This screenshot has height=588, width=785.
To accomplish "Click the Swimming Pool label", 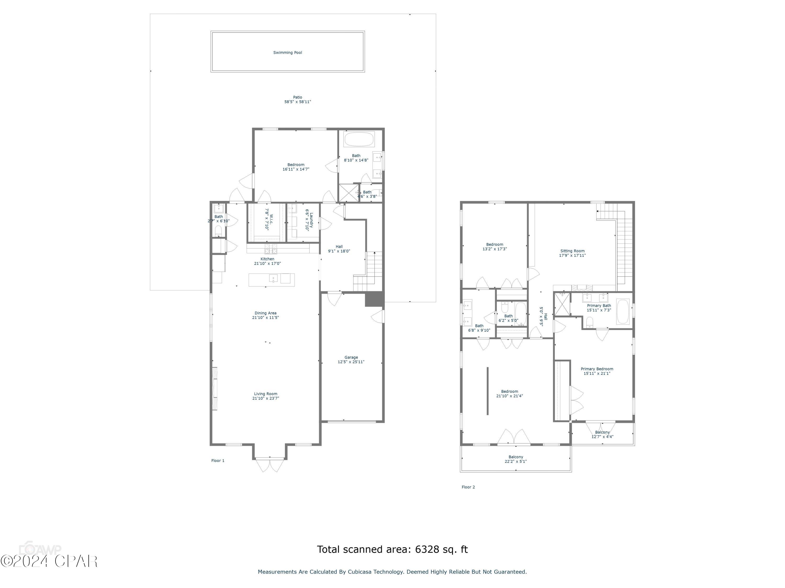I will click(x=288, y=53).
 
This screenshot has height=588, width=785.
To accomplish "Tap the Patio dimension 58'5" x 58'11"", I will click(x=298, y=102).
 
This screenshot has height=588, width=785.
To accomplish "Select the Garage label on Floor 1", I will click(x=351, y=357).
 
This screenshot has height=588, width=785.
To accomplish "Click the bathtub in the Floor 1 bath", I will click(x=359, y=139).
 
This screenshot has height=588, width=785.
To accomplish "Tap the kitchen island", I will click(x=272, y=280).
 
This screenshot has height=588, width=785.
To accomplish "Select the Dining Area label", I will click(x=265, y=313).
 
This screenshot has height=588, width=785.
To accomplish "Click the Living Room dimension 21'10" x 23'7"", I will click(x=265, y=398).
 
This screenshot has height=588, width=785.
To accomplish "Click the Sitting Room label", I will click(x=572, y=251).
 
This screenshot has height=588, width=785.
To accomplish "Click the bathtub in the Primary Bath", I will click(x=623, y=312).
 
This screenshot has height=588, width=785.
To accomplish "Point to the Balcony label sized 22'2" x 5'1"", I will click(x=516, y=457).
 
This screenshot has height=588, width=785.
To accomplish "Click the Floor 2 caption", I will click(x=468, y=487).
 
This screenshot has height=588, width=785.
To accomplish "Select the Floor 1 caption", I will click(x=217, y=461).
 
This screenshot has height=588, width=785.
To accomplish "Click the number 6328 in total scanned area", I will click(x=427, y=549).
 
